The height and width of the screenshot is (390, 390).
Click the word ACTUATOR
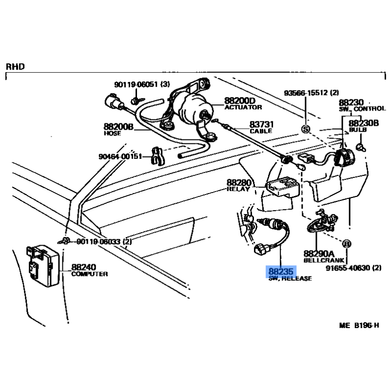tap(243, 107)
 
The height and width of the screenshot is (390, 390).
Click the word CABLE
tap(261, 132)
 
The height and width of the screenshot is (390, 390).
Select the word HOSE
tap(112, 133)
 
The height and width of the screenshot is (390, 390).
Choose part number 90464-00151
tap(119, 156)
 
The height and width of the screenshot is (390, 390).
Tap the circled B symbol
tap(347, 244)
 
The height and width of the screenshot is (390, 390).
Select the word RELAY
tap(238, 189)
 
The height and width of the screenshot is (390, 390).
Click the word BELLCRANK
tap(319, 261)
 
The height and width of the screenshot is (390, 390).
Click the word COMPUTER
tap(90, 274)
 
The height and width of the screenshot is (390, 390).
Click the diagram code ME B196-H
tap(359, 324)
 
